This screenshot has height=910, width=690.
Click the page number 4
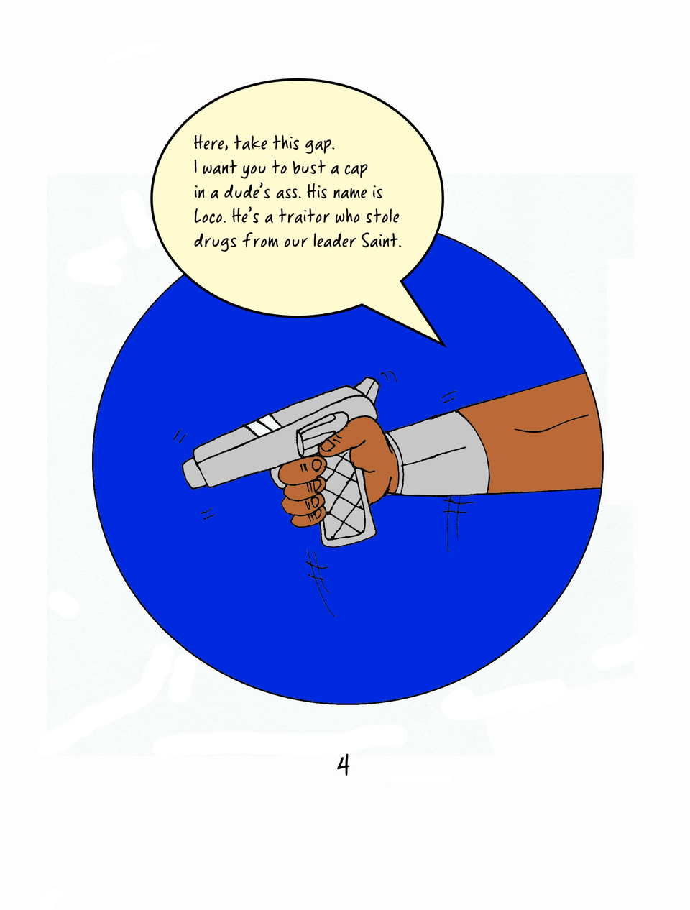pyautogui.click(x=343, y=766)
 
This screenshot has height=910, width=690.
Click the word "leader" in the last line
pyautogui.click(x=334, y=241)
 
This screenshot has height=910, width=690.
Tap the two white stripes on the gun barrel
pyautogui.click(x=262, y=426)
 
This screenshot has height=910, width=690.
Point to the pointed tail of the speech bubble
pyautogui.click(x=444, y=345)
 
